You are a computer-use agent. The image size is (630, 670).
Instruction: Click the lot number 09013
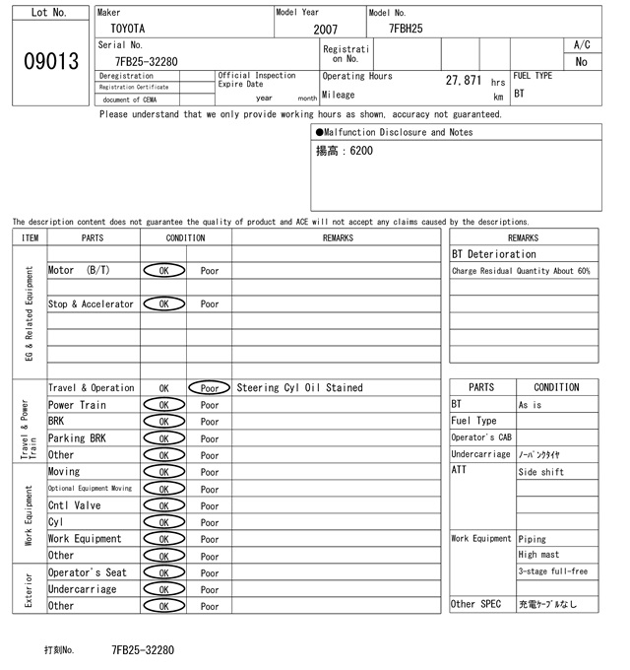pyautogui.click(x=50, y=62)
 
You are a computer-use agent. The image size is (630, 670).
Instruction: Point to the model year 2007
pyautogui.click(x=325, y=31)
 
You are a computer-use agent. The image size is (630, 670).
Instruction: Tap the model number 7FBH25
pyautogui.click(x=406, y=30)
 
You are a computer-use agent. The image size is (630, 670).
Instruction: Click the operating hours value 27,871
pyautogui.click(x=463, y=81)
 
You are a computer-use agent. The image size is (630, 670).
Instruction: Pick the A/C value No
pyautogui.click(x=581, y=62)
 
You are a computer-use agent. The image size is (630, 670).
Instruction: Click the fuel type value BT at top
pyautogui.click(x=519, y=95)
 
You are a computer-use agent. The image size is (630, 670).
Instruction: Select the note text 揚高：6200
pyautogui.click(x=345, y=152)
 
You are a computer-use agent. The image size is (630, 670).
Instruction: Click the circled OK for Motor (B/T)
pyautogui.click(x=163, y=270)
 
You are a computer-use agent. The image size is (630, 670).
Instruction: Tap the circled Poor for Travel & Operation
pyautogui.click(x=210, y=388)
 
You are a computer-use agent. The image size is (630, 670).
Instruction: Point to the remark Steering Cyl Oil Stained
pyautogui.click(x=299, y=388)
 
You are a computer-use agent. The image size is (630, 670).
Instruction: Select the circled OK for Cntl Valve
pyautogui.click(x=163, y=505)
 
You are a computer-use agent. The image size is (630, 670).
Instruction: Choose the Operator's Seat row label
pyautogui.click(x=88, y=572)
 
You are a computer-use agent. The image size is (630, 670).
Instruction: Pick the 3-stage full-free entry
pyautogui.click(x=552, y=571)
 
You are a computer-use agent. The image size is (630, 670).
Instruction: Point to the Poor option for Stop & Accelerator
pyautogui.click(x=210, y=304)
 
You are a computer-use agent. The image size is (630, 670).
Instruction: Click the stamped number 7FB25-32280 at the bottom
pyautogui.click(x=143, y=650)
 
